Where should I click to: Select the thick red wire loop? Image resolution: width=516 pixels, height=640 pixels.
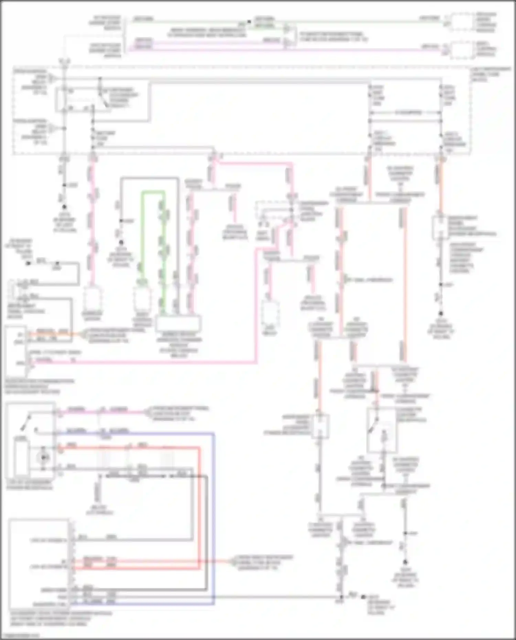point(199,499)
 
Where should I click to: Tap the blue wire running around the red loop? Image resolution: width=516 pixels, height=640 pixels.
point(214,516)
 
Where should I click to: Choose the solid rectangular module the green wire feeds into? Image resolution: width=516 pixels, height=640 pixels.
point(179,324)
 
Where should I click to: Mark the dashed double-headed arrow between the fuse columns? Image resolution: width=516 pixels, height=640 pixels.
point(405,112)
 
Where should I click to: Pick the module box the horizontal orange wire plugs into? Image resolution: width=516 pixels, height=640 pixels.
point(16,351)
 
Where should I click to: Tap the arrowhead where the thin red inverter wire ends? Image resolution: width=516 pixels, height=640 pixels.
point(232,562)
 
